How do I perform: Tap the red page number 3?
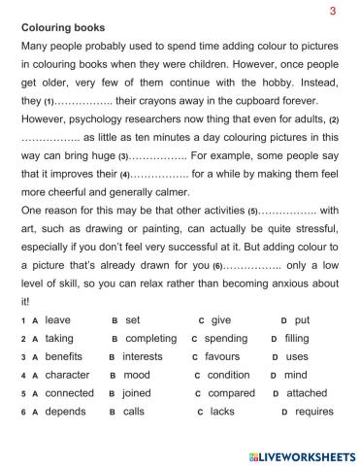pos(333,11)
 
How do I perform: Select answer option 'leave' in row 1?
pos(58,319)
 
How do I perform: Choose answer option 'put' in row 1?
pos(302,319)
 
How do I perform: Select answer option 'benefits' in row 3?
pos(64,356)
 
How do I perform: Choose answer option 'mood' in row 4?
pos(137,375)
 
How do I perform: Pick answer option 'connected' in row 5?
pos(69,393)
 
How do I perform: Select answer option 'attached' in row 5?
pos(307,393)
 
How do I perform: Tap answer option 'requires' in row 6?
pos(313,412)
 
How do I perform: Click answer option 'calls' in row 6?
pos(134,412)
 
